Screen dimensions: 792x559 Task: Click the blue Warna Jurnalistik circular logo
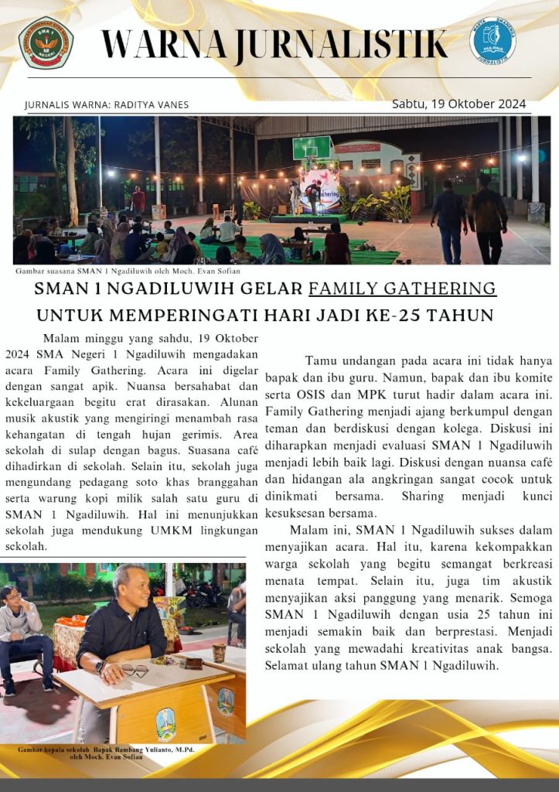coord(493,40)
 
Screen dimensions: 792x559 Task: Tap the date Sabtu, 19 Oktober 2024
coord(458,104)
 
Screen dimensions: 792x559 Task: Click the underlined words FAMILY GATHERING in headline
coord(402,288)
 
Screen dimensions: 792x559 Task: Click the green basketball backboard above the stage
coord(312,147)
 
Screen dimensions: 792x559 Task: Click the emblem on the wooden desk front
coord(165,723)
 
